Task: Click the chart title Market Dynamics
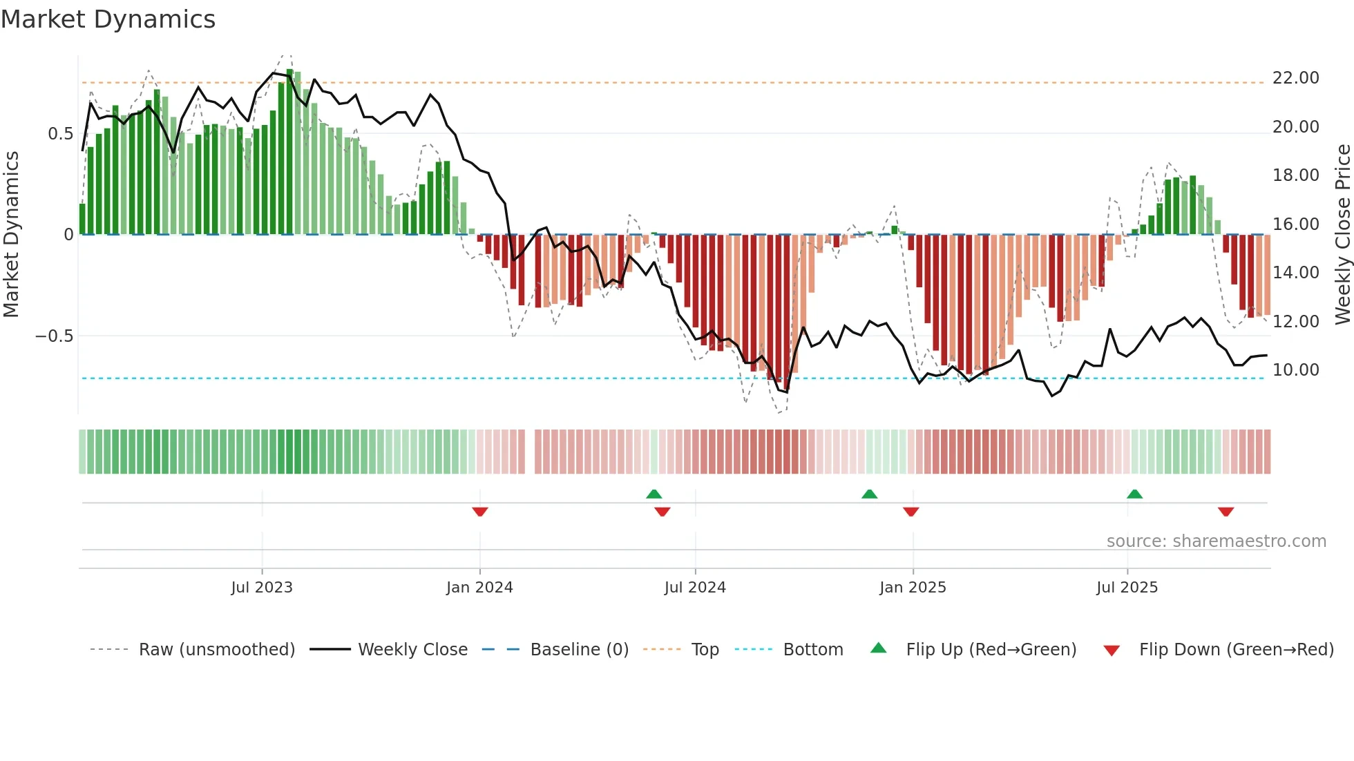108,19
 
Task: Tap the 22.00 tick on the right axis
1295,78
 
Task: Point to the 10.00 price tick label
1295,370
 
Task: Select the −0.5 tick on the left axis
54,336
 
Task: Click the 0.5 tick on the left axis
60,134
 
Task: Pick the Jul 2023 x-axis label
262,588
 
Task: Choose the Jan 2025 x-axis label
913,588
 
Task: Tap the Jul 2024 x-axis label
695,588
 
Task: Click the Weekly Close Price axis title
1342,235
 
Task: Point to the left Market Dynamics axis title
11,235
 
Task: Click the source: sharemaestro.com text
1216,541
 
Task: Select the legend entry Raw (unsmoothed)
216,650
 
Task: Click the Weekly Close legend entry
412,650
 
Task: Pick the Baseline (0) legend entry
579,650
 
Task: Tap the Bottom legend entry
812,650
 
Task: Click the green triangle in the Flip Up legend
878,648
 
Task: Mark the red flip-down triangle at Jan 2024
480,512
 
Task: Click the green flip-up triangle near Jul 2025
1134,494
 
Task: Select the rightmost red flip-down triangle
1226,512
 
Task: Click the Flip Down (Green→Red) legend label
1236,650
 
